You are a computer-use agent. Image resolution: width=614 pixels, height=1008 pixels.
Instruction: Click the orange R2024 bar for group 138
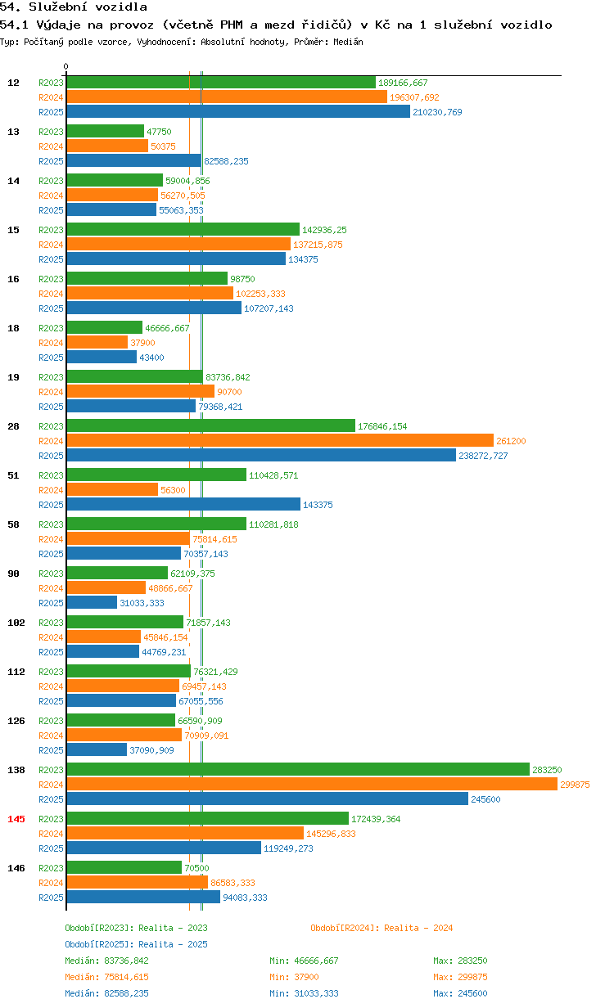pos(312,784)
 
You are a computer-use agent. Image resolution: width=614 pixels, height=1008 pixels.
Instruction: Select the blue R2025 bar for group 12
pos(238,111)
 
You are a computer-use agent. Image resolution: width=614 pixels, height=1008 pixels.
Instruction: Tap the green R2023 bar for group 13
pos(106,131)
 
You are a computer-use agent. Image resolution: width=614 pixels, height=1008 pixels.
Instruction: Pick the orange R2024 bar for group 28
pos(280,440)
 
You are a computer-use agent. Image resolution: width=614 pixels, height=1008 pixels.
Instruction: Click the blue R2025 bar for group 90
pos(92,602)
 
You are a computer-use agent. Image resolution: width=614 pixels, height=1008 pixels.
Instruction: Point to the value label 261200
pos(511,441)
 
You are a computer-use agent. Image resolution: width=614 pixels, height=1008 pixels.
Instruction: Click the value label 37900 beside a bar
pos(142,343)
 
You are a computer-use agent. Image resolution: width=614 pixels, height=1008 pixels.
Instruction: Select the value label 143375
pos(318,505)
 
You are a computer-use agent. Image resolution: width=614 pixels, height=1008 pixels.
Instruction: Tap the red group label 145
pos(16,819)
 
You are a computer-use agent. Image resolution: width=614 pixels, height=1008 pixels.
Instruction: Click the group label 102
pos(16,623)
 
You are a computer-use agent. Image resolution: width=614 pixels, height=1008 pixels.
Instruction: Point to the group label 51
pos(13,475)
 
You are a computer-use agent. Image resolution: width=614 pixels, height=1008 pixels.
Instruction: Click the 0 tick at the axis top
pos(66,66)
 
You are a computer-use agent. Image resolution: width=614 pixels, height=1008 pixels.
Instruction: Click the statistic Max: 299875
pos(460,977)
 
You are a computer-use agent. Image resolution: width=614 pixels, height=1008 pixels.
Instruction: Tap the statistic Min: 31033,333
pos(304,993)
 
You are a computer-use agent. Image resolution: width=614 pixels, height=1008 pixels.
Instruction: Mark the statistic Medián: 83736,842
pos(106,961)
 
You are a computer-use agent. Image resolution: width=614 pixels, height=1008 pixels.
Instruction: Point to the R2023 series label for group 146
pos(51,868)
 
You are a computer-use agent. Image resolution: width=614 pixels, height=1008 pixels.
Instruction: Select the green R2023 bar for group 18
pos(105,327)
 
